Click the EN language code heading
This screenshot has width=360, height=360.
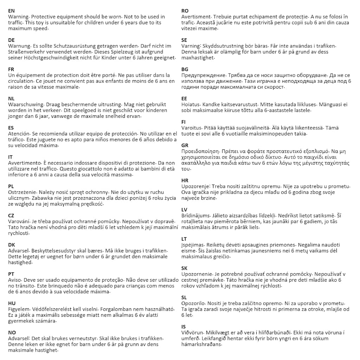pyautogui.click(x=11, y=11)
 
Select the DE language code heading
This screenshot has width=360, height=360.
pyautogui.click(x=11, y=40)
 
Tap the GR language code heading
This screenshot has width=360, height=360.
pyautogui.click(x=185, y=145)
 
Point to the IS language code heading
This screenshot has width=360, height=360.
pyautogui.click(x=184, y=327)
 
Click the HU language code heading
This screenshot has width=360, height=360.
pyautogui.click(x=12, y=303)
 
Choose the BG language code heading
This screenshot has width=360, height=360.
pyautogui.click(x=185, y=69)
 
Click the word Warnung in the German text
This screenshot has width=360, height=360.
pyautogui.click(x=19, y=46)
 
